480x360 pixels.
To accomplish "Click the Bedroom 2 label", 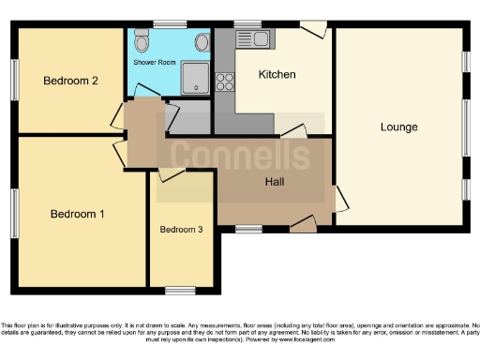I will (70, 81).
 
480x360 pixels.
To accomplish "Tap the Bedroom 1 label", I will (77, 214).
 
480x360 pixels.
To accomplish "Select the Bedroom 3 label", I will (180, 230).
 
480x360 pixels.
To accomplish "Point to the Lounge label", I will (398, 127).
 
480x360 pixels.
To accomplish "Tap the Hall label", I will (275, 182).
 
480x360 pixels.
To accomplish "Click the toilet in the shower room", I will (142, 41).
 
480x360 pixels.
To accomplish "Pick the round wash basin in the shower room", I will (202, 41).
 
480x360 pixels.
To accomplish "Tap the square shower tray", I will (194, 78).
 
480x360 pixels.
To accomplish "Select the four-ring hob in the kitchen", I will (225, 82).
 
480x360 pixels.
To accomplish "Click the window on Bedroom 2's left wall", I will (14, 81).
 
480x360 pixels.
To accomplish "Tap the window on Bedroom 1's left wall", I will (14, 214).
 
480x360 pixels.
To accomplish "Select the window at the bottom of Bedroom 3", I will (180, 289).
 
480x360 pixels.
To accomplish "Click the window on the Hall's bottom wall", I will (248, 228).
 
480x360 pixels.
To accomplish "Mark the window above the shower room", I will (170, 24).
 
